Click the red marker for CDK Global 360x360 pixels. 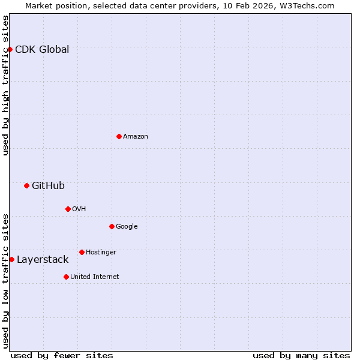(x=10, y=49)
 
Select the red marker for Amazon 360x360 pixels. (x=119, y=136)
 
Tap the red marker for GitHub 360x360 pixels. (x=26, y=185)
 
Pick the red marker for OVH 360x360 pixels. (x=68, y=209)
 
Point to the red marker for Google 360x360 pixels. (x=112, y=226)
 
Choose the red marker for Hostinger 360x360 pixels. (x=82, y=252)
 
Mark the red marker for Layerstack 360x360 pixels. (x=11, y=259)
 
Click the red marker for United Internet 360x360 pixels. (x=66, y=277)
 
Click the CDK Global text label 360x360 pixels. (x=42, y=49)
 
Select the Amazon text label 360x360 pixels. (x=136, y=136)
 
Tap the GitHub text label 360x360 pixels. (x=48, y=185)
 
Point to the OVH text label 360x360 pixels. (x=79, y=209)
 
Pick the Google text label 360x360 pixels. (x=127, y=226)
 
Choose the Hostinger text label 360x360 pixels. (x=101, y=252)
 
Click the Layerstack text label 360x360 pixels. (x=43, y=259)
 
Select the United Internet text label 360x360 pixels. (x=95, y=277)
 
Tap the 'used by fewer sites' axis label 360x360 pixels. (x=62, y=355)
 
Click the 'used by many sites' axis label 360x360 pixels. (x=301, y=355)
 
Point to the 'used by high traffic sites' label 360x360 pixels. (x=5, y=85)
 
